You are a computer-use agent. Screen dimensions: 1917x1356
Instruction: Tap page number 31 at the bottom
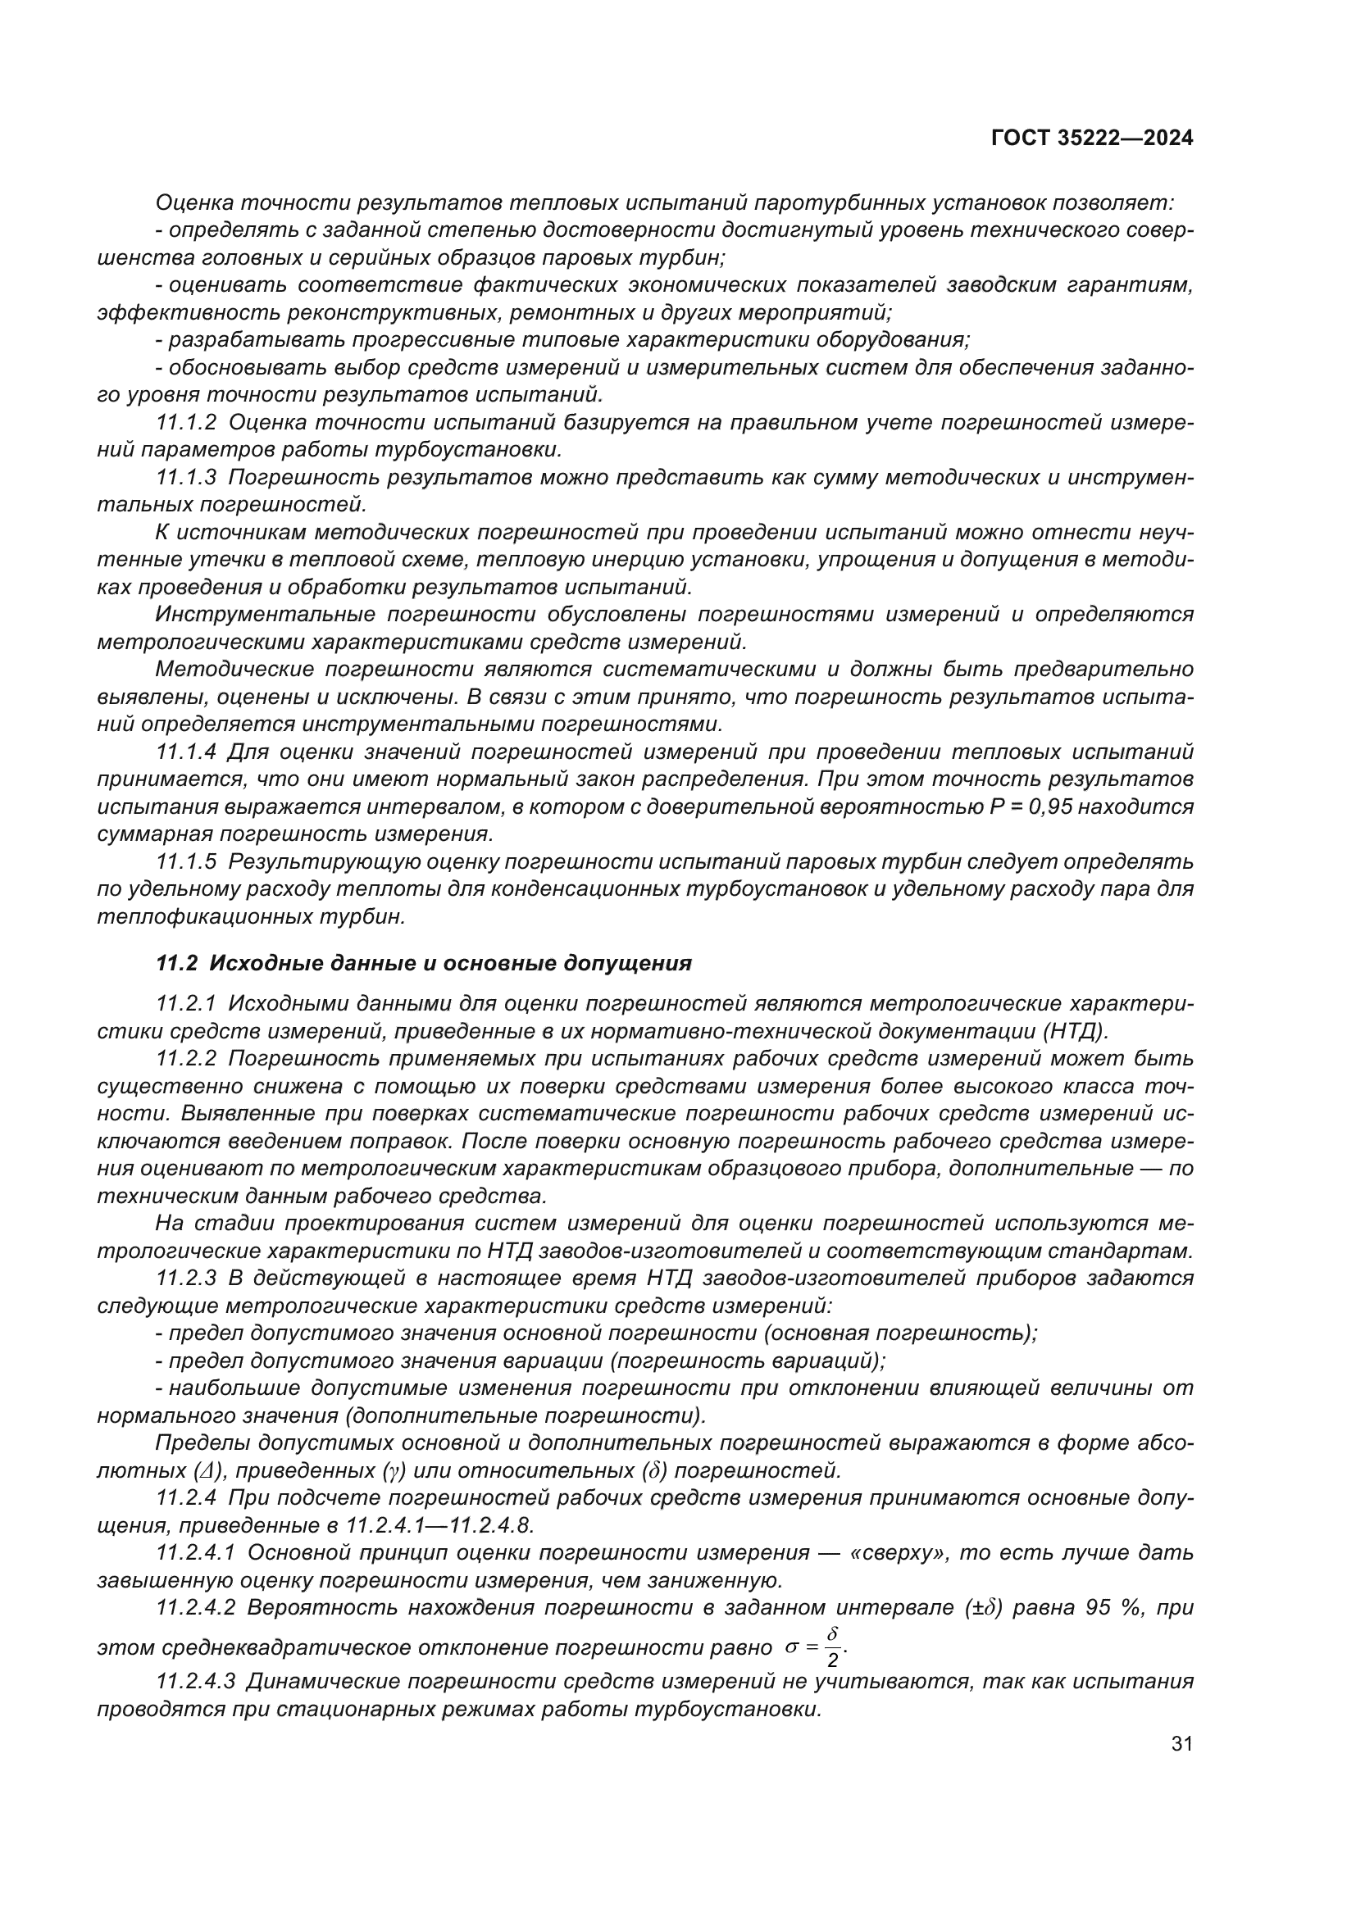(x=1181, y=1743)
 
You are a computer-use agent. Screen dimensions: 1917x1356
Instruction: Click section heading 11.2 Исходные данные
(x=424, y=963)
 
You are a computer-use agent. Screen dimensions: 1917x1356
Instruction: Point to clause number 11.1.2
(x=186, y=422)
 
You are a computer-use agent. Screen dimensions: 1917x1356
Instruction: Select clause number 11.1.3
(x=186, y=478)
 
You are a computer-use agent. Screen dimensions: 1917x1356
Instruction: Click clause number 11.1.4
(x=186, y=752)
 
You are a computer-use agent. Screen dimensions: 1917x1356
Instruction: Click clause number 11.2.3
(x=186, y=1278)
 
